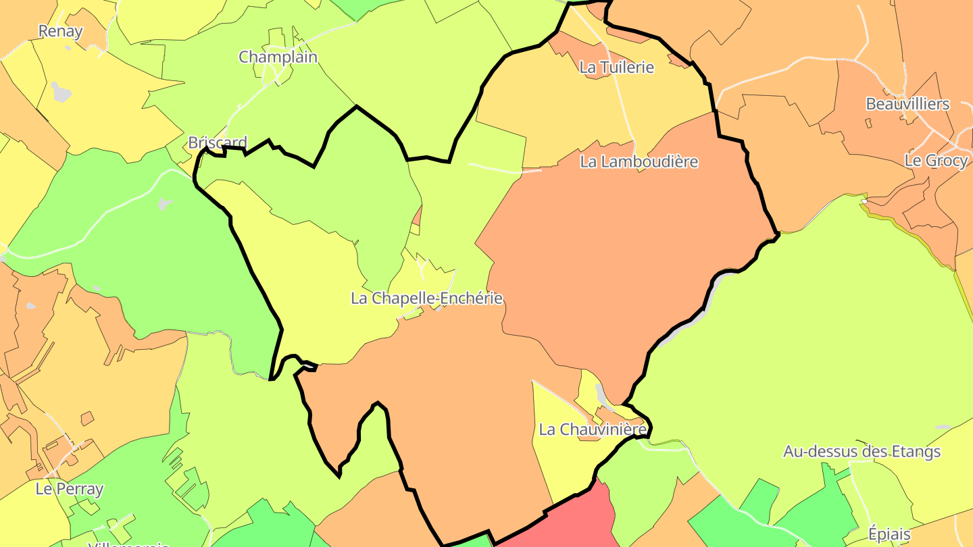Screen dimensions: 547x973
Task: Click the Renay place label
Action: (x=60, y=31)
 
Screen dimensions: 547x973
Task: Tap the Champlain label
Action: (x=278, y=57)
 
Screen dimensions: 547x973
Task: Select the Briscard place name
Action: (x=218, y=142)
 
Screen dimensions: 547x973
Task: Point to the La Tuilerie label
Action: (x=617, y=67)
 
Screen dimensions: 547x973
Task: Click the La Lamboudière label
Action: (x=639, y=162)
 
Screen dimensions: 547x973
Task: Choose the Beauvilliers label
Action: (x=907, y=104)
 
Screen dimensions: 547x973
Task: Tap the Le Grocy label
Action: (x=936, y=161)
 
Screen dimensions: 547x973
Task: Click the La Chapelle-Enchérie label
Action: (x=426, y=298)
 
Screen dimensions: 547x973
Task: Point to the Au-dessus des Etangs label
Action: (x=862, y=451)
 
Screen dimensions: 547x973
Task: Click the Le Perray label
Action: (x=70, y=489)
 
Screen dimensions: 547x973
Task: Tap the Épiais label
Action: (x=889, y=535)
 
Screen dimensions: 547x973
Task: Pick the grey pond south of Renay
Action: (x=61, y=91)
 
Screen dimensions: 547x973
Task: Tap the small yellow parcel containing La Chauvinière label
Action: (x=561, y=459)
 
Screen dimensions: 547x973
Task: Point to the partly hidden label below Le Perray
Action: (x=128, y=542)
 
